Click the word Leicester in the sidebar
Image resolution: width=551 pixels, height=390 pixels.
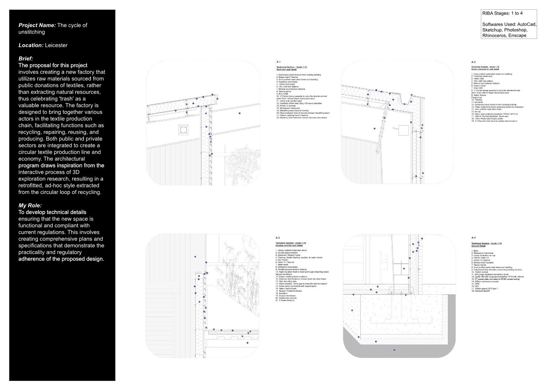point(56,45)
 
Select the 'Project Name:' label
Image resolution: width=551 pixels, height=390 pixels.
point(37,25)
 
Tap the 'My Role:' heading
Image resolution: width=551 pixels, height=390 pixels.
point(30,205)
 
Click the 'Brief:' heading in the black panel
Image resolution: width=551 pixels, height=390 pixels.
point(26,58)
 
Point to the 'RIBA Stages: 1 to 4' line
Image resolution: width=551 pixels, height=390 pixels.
point(502,13)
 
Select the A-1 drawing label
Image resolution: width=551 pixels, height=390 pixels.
point(278,62)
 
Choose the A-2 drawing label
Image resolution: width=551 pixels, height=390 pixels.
point(473,62)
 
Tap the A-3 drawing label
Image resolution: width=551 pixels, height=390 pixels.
point(277,238)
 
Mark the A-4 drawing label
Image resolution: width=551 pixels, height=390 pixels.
point(474,238)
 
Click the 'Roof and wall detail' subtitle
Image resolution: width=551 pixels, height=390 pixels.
point(286,70)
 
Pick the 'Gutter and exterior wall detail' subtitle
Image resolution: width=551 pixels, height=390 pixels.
point(485,69)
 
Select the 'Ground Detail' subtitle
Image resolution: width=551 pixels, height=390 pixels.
point(478,246)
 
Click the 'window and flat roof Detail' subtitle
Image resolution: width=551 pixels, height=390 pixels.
point(289,245)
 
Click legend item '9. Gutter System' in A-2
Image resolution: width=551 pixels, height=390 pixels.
point(479,95)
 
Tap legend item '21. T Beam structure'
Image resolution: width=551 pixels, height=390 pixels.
point(285,300)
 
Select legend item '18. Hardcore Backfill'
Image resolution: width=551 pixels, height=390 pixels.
point(481,291)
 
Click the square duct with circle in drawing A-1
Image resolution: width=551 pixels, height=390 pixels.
point(183,130)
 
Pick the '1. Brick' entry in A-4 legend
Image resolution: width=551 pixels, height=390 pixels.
point(475,251)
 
